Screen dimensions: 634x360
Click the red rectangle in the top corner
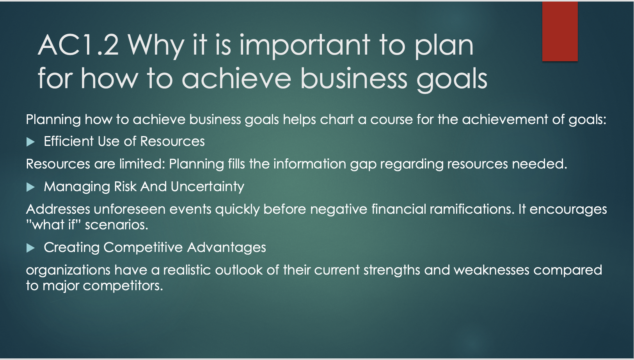tap(560, 31)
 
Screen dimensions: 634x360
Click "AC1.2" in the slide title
tap(78, 45)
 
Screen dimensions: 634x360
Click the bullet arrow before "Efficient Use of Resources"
tap(30, 142)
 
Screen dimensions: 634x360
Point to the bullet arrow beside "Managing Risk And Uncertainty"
tap(30, 187)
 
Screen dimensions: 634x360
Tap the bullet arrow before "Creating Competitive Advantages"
tap(30, 248)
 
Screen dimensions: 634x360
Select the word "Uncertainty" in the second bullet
tap(208, 187)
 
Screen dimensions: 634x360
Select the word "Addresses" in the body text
tap(58, 209)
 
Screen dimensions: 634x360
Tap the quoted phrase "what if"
tap(53, 225)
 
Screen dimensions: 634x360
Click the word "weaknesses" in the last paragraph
tap(492, 270)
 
